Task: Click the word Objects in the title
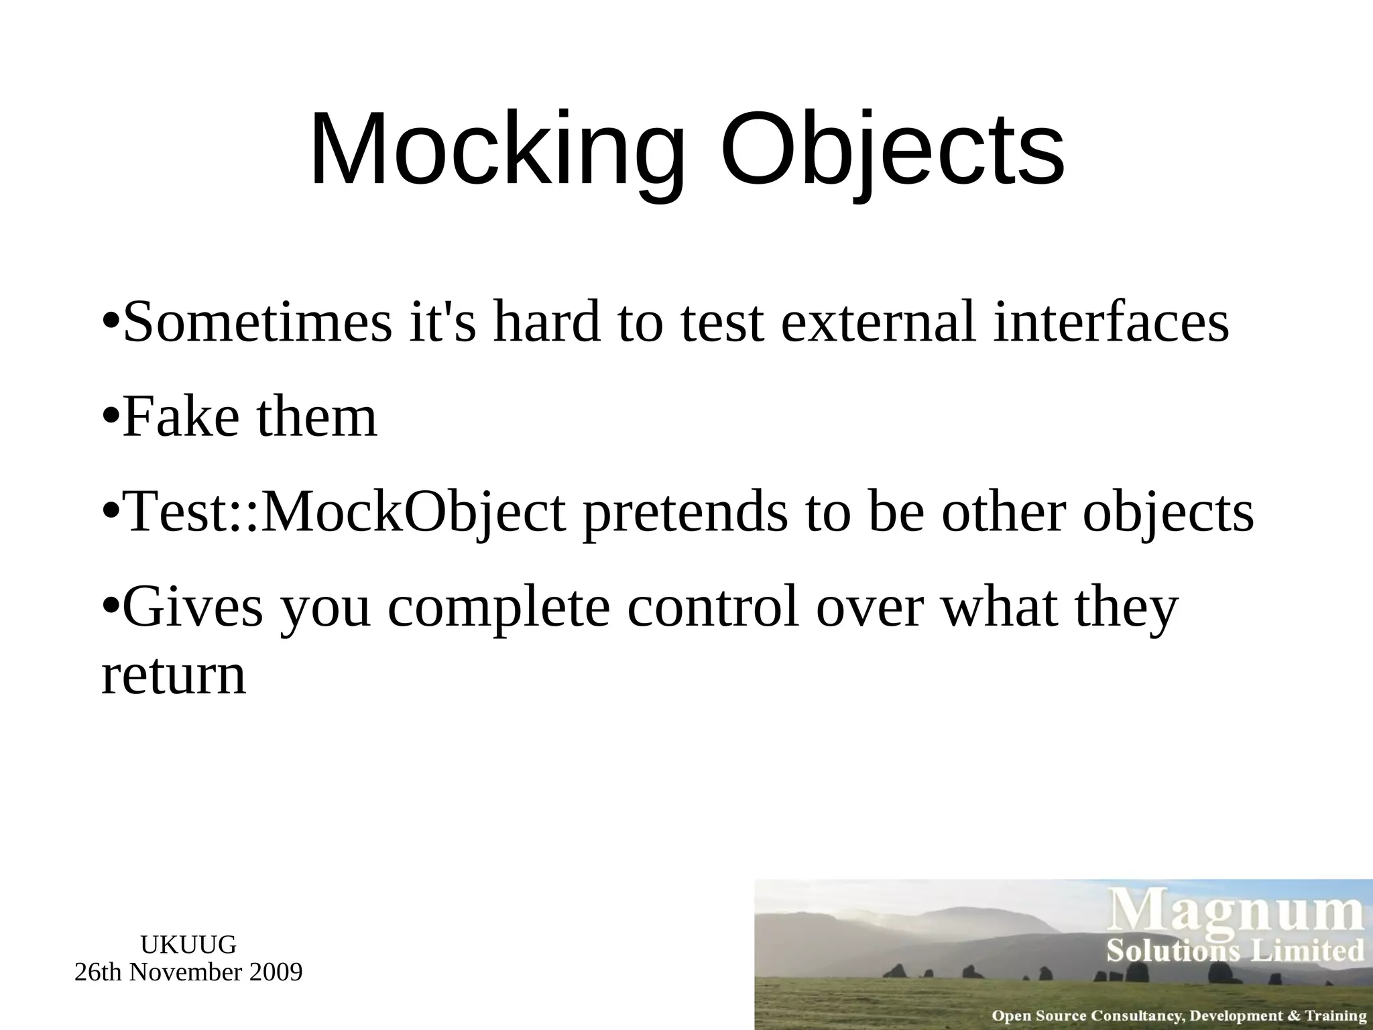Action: point(892,151)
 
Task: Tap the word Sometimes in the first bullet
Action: point(257,323)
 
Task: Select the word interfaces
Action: point(1110,323)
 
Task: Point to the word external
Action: point(878,323)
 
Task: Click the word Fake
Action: point(181,417)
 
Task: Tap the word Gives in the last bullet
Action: point(194,608)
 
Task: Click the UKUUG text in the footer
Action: point(188,945)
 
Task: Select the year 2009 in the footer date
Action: point(276,972)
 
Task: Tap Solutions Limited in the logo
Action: point(1235,951)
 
